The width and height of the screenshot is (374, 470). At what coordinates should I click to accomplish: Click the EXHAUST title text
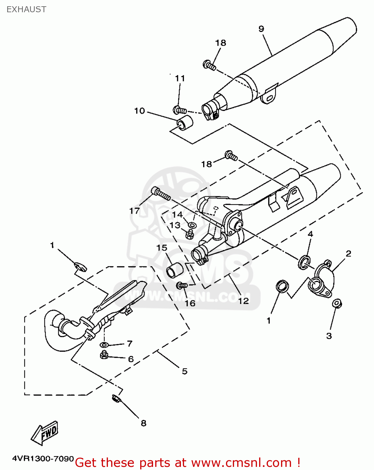tap(26, 9)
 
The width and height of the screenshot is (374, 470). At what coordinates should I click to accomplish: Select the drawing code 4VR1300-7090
tap(43, 459)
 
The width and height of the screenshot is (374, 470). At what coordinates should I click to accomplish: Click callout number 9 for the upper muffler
tap(261, 29)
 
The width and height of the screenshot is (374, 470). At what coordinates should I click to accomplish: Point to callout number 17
tap(134, 211)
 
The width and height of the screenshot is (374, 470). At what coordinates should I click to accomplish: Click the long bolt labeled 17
tap(161, 193)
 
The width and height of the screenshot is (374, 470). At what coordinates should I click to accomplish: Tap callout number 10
tap(140, 111)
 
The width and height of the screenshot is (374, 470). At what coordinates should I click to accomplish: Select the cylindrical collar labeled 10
tap(185, 123)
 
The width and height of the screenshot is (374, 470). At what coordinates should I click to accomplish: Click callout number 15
tap(162, 248)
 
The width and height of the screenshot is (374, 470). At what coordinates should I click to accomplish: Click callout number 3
tap(329, 336)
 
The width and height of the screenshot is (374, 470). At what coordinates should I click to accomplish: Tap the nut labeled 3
tap(337, 304)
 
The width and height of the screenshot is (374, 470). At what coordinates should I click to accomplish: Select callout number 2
tap(348, 253)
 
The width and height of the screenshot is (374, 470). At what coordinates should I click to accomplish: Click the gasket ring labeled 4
tap(304, 262)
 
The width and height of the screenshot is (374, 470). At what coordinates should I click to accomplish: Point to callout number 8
tap(143, 423)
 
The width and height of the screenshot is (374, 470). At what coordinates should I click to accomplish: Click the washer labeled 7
tap(104, 345)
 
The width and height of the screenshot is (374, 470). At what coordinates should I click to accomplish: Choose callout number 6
tap(131, 359)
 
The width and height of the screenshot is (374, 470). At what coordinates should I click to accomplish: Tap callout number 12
tap(243, 301)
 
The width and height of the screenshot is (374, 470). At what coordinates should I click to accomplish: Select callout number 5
tap(185, 371)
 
